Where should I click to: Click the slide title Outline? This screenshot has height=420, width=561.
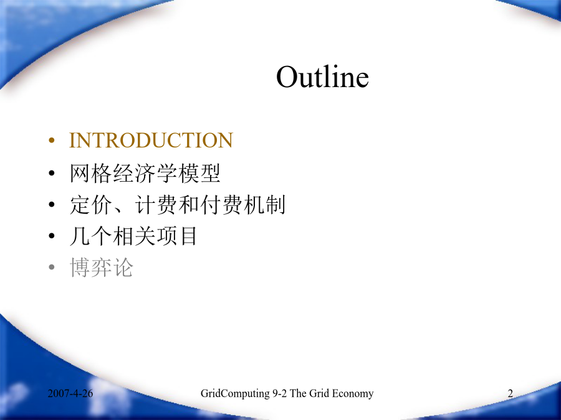tap(322, 77)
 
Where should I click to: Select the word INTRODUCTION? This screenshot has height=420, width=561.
tap(151, 140)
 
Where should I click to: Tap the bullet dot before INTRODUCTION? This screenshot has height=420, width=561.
tap(52, 141)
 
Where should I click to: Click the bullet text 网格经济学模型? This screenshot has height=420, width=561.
tap(145, 173)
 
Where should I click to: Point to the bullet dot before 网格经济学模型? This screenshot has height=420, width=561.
tap(52, 173)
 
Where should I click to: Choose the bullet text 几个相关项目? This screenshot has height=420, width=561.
tap(133, 236)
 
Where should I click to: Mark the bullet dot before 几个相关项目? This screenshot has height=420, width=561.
tap(52, 236)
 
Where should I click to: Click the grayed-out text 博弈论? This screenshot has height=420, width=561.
tap(102, 267)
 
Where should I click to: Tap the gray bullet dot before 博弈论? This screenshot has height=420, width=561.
tap(52, 267)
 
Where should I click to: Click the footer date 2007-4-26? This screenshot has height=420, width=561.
tap(70, 393)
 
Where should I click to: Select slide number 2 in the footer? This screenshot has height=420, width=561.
tap(510, 393)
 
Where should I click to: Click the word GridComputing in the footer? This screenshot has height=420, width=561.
tap(235, 394)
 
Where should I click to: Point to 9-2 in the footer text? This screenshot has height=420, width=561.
tap(280, 393)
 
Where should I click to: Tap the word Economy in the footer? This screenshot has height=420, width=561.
tap(352, 394)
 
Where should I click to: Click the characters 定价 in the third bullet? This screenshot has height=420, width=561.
tap(91, 205)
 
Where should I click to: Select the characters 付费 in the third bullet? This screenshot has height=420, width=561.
tap(222, 205)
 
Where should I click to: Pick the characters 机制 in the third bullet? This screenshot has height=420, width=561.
tap(264, 205)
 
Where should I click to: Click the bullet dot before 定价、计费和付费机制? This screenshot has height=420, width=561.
tap(52, 205)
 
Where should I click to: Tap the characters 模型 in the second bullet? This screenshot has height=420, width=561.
tap(199, 173)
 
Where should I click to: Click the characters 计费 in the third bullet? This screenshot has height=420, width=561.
tap(156, 205)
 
